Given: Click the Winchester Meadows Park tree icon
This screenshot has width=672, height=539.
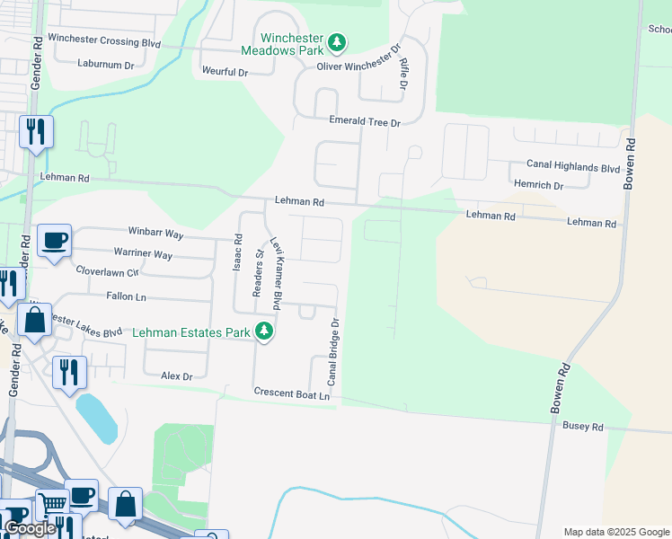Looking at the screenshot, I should click(x=336, y=42).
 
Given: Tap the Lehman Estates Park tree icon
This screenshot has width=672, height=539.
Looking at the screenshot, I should click(x=263, y=331).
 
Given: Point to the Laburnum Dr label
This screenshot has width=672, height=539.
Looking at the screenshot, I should click(x=105, y=65).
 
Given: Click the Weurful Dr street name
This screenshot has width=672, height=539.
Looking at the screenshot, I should click(x=225, y=71).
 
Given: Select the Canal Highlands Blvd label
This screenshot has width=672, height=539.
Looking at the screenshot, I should click(x=573, y=168).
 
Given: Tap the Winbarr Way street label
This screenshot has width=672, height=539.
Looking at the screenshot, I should click(x=155, y=234).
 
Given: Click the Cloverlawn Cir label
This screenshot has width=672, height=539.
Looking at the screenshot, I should click(x=108, y=270).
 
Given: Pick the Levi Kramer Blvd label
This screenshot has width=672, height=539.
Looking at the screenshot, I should click(x=278, y=275).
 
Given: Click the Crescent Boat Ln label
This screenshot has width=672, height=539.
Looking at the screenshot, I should click(x=292, y=393).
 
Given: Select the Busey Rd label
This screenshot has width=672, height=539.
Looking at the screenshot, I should click(x=584, y=427).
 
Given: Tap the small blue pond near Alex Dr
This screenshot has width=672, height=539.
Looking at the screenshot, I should click(x=96, y=418).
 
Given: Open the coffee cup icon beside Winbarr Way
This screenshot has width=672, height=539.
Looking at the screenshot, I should click(x=55, y=241).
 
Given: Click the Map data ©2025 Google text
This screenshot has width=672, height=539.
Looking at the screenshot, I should click(x=615, y=532).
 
